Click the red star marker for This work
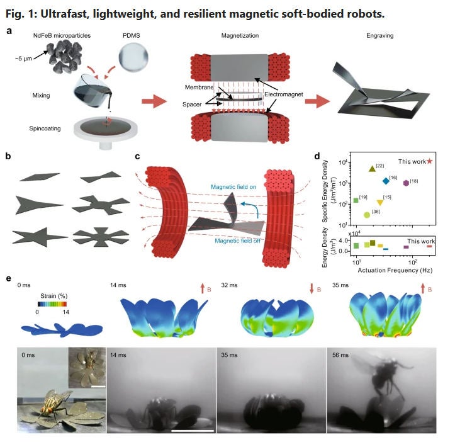pos(429,161)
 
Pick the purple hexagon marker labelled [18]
pos(406,183)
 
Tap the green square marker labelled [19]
pos(356,200)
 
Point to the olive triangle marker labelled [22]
pos(372,168)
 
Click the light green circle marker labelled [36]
pos(367,215)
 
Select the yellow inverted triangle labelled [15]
pos(379,203)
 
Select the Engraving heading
pos(380,37)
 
